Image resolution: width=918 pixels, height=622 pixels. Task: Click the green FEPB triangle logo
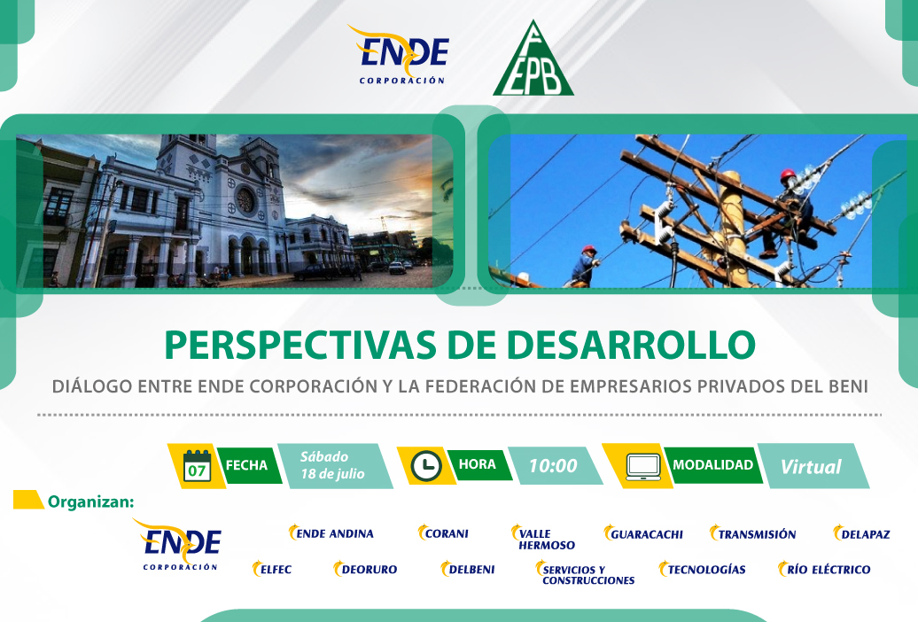point(533,59)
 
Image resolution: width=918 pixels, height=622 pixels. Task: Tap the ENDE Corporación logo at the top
point(400,54)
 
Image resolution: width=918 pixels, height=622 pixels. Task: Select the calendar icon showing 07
point(197,466)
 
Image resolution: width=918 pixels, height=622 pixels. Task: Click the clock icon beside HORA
point(426,466)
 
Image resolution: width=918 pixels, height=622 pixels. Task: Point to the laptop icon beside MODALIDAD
point(643,467)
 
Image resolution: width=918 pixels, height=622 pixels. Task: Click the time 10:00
point(553,466)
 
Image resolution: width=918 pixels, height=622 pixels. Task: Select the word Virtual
point(811,467)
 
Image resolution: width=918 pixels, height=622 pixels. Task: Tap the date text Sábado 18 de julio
point(332,465)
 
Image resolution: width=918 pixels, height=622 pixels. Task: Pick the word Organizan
point(90,501)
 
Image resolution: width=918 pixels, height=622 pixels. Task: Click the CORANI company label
point(443,533)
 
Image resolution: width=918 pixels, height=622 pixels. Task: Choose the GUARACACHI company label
point(643,533)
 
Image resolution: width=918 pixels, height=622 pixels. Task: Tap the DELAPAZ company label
point(862,533)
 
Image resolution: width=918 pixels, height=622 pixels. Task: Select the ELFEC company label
point(272,569)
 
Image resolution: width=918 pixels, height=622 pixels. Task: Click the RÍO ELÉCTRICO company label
point(824,569)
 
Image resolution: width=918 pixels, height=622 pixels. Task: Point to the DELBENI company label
point(468,569)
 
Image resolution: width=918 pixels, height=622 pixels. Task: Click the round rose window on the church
point(245,200)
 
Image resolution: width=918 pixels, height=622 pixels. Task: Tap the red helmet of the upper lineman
point(788,174)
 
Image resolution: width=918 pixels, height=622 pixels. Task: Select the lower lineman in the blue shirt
point(584,267)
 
